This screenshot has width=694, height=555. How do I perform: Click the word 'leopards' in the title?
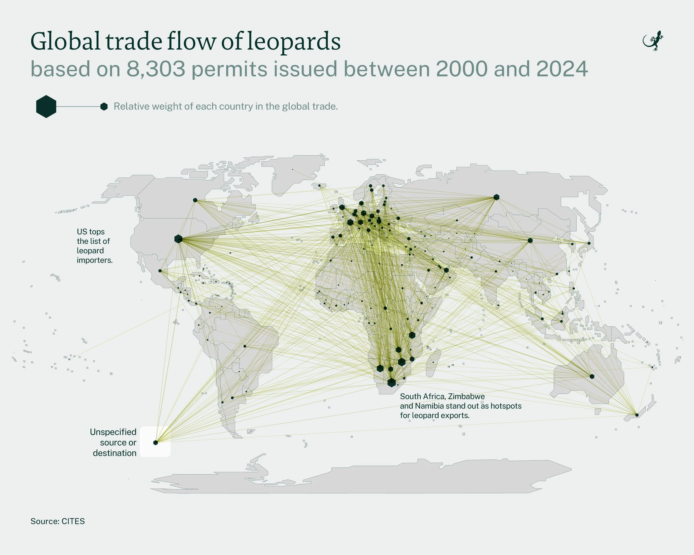[294, 42]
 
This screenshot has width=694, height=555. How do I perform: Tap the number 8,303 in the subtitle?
[156, 69]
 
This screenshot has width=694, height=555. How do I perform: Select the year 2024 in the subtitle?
[562, 69]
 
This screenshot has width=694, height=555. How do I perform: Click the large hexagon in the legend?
[46, 107]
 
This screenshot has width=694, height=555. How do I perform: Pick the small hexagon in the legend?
[104, 107]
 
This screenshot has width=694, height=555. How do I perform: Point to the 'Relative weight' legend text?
[225, 107]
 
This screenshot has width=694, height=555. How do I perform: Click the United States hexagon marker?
[178, 239]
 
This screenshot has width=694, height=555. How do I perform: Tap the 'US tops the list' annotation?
[94, 246]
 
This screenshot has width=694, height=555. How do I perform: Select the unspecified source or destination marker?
[155, 442]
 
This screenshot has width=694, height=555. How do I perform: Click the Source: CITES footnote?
[58, 521]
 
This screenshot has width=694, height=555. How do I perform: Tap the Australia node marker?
[592, 376]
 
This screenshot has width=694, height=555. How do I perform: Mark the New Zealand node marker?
[637, 415]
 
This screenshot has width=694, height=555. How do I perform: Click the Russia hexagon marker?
[496, 197]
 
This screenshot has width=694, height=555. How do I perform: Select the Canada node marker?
[195, 200]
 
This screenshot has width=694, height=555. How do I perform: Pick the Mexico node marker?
[160, 271]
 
